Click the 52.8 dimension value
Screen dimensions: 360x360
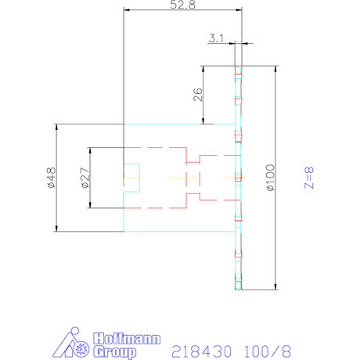point(182,5)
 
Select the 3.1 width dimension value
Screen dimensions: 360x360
point(218,38)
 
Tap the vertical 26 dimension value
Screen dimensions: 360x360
point(197,95)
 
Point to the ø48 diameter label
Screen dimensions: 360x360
point(49,178)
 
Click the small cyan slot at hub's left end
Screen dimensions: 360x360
point(131,178)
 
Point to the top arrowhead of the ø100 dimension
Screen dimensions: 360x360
point(275,69)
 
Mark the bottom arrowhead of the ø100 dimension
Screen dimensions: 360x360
point(275,285)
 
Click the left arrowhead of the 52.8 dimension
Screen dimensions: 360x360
point(128,10)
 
